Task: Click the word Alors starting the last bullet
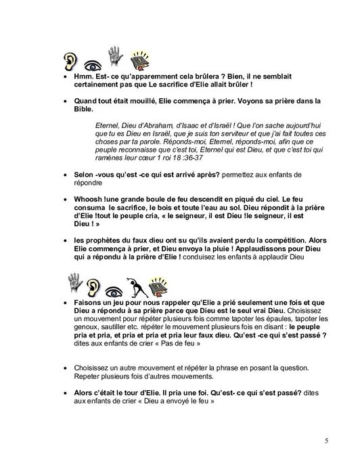pyautogui.click(x=85, y=393)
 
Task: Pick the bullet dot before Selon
pyautogui.click(x=64, y=175)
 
